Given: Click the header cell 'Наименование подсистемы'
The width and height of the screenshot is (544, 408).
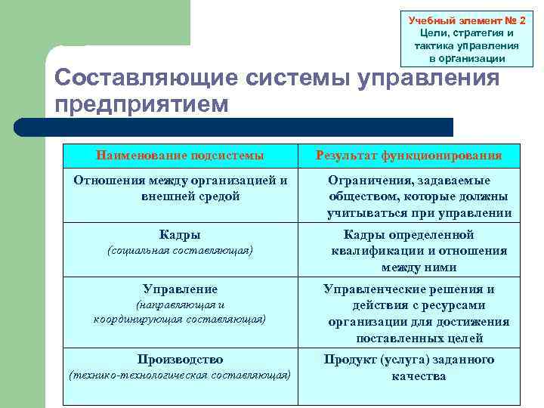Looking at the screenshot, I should [x=180, y=156].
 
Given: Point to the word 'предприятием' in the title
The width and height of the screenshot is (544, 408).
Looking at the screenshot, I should [x=141, y=104].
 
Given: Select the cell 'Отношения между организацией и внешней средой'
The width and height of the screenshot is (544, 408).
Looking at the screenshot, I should [x=180, y=188].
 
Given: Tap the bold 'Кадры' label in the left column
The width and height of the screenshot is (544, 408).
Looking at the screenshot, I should [x=180, y=234].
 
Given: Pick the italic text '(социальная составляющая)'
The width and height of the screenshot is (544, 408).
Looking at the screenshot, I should [x=180, y=250].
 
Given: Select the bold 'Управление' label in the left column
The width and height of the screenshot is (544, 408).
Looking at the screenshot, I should [x=180, y=289].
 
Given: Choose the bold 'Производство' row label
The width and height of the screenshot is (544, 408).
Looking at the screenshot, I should [x=180, y=359].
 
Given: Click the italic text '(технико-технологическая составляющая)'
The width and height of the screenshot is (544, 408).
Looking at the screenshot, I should [x=180, y=375].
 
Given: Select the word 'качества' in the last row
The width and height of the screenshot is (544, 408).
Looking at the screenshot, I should [x=419, y=376].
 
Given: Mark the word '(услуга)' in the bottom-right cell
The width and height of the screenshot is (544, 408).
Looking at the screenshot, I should [x=408, y=359].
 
